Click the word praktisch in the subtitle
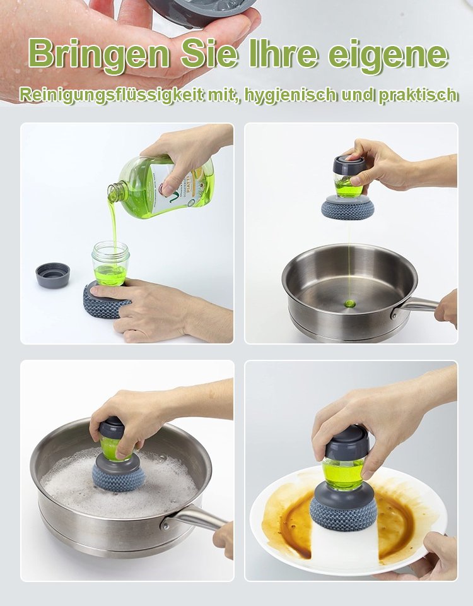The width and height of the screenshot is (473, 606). point(418,95)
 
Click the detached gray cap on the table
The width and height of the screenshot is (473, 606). point(53,275)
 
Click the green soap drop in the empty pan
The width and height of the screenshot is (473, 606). point(349,304)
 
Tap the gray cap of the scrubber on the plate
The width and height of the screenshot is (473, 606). point(346,443)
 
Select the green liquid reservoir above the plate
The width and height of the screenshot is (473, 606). point(343,473)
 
